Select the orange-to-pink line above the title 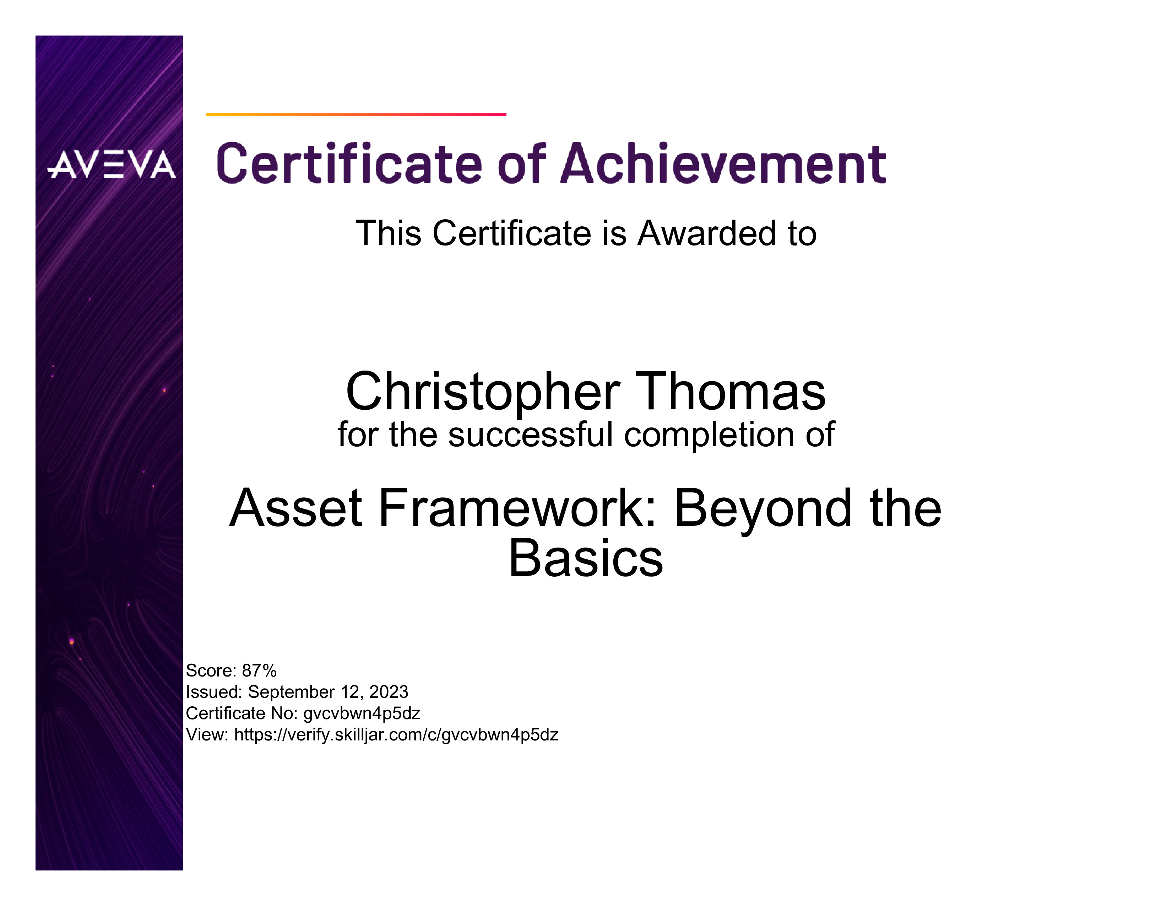pos(356,114)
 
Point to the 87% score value pos(259,670)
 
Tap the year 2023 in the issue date pos(389,692)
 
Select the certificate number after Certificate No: pos(362,714)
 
